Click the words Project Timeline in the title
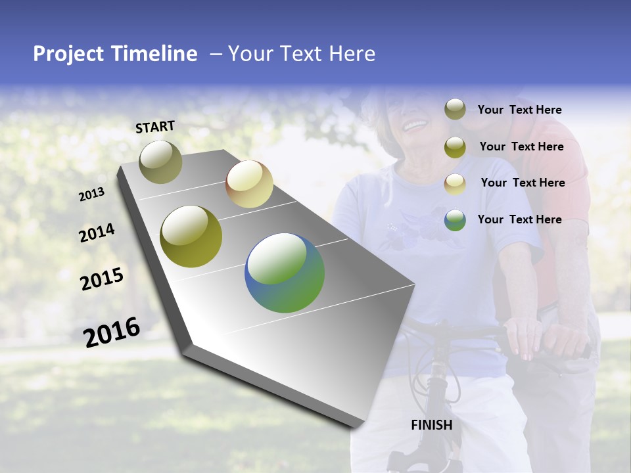(115, 54)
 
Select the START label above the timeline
(155, 127)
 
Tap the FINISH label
(431, 425)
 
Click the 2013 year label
(91, 194)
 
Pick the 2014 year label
(97, 233)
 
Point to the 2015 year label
(102, 279)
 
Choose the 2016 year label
(112, 332)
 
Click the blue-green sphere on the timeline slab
(285, 273)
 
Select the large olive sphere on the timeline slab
(191, 236)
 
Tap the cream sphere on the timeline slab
(249, 184)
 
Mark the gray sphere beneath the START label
(160, 162)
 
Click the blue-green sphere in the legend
(455, 220)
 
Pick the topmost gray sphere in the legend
(455, 110)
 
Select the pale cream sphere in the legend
(455, 183)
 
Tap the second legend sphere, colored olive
(455, 147)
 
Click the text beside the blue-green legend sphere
(519, 219)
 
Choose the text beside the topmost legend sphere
(519, 110)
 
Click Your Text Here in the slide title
(302, 54)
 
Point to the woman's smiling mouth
(415, 124)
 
